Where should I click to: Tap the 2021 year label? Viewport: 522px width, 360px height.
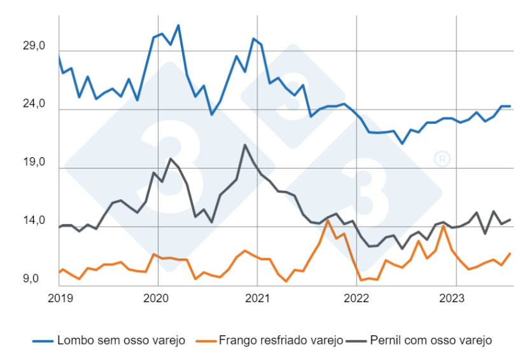click(257, 296)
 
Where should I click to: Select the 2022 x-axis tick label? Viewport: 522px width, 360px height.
click(356, 296)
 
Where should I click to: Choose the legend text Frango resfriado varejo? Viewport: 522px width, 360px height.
click(281, 340)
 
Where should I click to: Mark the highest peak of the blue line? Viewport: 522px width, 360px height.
click(178, 25)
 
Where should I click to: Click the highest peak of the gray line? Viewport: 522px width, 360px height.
click(244, 145)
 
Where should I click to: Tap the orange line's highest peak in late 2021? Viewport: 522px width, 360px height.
click(327, 221)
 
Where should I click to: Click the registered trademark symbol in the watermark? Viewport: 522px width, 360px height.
click(439, 158)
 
